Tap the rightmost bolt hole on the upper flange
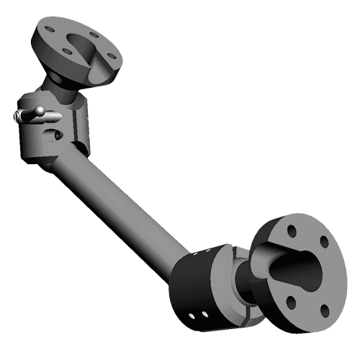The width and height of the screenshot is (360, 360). click(111, 53)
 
